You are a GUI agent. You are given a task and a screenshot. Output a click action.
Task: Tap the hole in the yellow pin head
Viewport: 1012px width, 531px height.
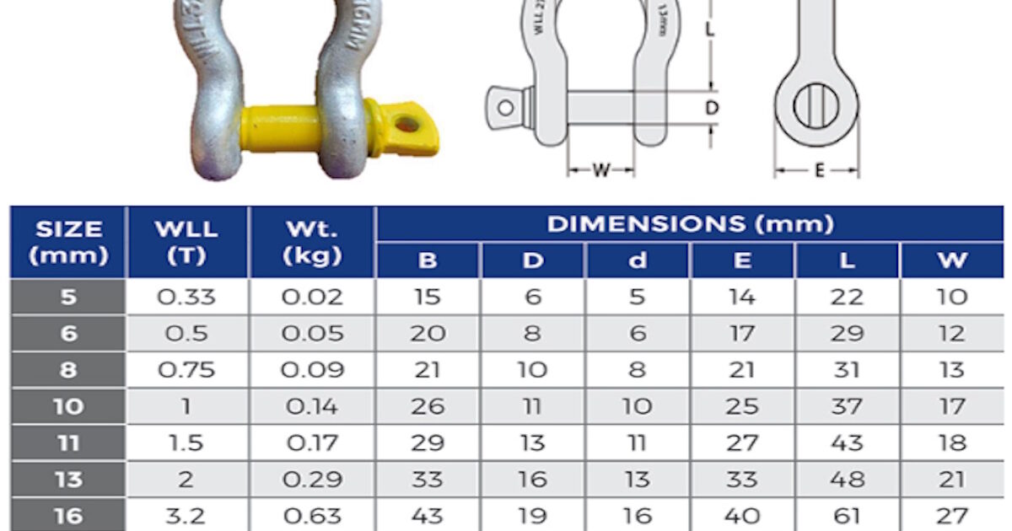coord(407,124)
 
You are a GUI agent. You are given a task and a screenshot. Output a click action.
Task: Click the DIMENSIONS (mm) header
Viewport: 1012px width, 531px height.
coord(691,224)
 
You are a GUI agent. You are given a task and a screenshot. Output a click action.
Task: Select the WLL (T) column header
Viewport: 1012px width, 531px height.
coord(186,242)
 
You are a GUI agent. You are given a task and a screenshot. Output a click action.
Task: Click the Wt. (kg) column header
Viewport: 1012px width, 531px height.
coord(311,242)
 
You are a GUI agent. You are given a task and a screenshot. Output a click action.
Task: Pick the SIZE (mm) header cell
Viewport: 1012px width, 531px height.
coord(68,242)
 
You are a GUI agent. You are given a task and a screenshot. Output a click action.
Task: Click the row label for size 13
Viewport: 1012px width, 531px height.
coord(68,480)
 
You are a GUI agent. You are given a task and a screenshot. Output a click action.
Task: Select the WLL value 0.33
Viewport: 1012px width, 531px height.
coord(186,298)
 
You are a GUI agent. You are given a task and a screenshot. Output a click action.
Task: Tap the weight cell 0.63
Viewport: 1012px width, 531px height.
coord(311,516)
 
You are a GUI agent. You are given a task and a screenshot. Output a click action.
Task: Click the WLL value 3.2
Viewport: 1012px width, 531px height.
coord(186,516)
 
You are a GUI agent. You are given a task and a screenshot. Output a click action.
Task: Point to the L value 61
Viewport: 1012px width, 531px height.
coord(847,516)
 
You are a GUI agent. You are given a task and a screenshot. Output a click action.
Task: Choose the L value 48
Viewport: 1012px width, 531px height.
coord(847,480)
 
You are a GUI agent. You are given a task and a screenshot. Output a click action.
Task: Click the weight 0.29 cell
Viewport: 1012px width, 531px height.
coord(311,480)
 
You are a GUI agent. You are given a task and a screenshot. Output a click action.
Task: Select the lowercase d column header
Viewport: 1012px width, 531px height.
coord(638,261)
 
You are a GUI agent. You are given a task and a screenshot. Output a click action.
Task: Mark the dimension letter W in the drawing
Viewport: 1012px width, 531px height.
coord(600,170)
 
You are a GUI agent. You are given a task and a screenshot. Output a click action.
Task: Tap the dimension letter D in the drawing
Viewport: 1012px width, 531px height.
coord(712,108)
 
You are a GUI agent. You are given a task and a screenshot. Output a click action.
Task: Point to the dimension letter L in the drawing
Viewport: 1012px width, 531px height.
coord(710,29)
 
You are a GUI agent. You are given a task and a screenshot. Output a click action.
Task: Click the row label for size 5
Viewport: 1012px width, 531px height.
coord(68,298)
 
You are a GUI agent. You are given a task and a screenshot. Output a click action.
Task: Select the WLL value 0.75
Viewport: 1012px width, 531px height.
coord(186,370)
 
